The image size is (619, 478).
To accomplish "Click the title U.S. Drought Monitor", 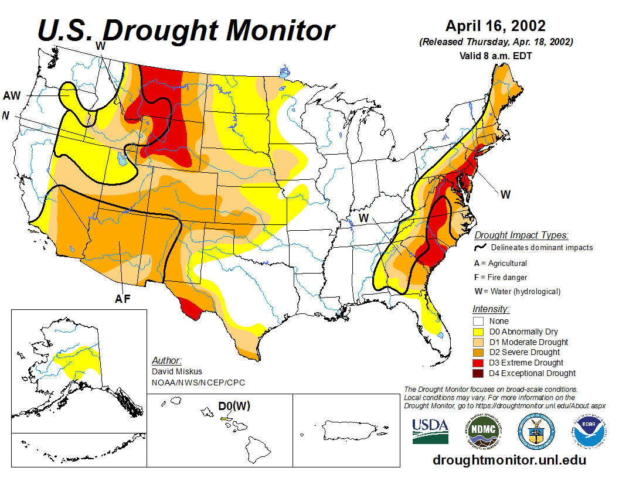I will [x=186, y=30].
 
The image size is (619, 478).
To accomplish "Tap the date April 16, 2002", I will [x=495, y=26].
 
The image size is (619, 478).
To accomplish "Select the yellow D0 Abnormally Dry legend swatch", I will [x=478, y=332].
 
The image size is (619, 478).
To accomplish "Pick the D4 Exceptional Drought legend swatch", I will [x=478, y=373].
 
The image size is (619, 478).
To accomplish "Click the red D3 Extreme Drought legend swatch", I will [x=478, y=363].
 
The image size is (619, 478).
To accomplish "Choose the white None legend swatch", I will [x=478, y=321].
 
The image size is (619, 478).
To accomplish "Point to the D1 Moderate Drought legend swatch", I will [x=478, y=342].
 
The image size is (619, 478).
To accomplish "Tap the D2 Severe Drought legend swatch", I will [x=478, y=352].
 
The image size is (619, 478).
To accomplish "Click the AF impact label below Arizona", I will [x=122, y=299].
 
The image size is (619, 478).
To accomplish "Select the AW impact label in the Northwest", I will [x=12, y=95].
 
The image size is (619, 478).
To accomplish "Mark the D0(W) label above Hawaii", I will [x=234, y=406].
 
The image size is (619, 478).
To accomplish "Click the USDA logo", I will [x=430, y=431].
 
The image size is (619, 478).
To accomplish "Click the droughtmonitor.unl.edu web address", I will [x=509, y=460].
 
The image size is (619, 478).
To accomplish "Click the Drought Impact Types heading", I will [x=521, y=235].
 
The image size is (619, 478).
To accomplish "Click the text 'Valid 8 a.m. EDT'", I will [x=495, y=56].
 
